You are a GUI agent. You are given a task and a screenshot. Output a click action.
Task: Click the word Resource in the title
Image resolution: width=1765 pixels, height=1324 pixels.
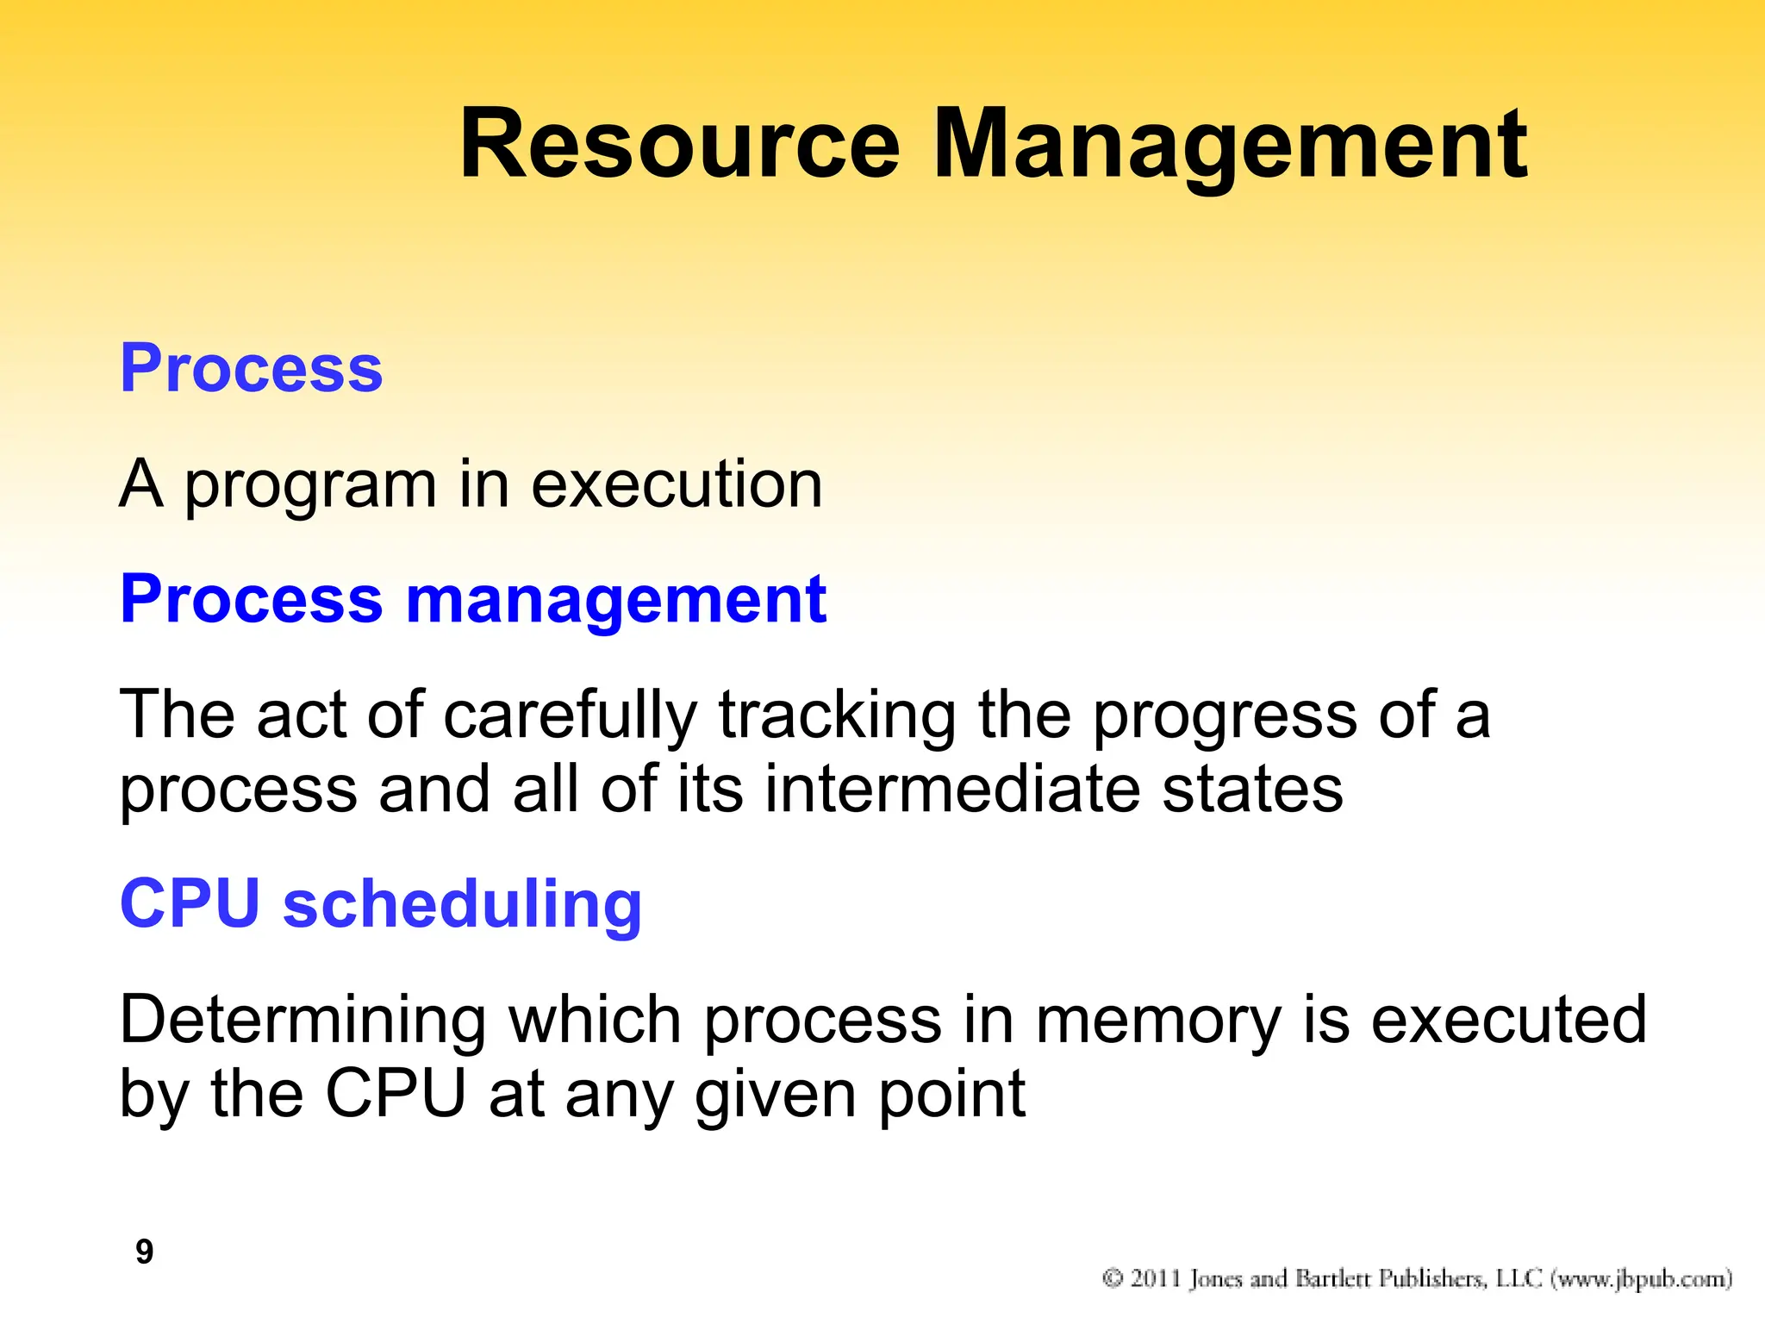point(680,145)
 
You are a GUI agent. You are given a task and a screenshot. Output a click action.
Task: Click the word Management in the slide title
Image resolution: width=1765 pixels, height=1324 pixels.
point(1230,145)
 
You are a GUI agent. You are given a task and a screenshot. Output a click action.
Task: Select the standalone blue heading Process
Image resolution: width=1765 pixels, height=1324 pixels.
point(251,368)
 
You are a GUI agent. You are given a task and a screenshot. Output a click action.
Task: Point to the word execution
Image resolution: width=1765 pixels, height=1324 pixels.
point(677,484)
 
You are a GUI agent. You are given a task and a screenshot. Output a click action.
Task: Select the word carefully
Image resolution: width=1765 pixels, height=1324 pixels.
point(570,715)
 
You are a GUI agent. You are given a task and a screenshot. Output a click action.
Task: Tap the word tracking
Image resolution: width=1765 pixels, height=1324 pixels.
point(837,715)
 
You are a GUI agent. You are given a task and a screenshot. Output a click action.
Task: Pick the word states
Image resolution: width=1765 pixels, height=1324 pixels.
point(1252,789)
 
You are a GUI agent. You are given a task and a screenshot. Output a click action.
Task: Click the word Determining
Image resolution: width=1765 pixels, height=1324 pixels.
point(302,1021)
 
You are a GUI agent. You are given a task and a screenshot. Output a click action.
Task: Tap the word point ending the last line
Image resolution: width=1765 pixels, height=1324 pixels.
point(951,1095)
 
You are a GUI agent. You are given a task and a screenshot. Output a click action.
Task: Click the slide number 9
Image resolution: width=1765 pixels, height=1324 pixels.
point(145,1251)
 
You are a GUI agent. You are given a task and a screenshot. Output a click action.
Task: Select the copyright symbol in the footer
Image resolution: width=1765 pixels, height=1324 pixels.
point(1113,1277)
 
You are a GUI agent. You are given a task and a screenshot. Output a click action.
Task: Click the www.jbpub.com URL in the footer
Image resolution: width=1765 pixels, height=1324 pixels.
point(1642,1278)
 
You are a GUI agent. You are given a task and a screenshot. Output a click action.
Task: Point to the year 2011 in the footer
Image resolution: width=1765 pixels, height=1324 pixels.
point(1156,1277)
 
